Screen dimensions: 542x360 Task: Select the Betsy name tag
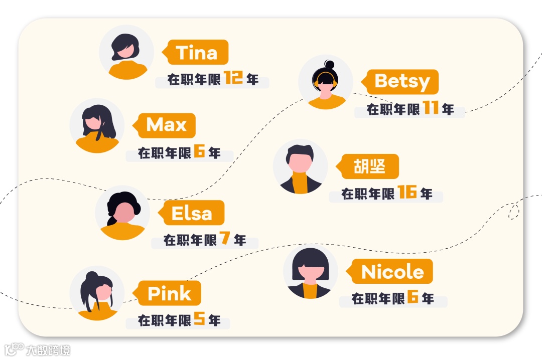pos(402,82)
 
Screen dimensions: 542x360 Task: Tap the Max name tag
pos(166,125)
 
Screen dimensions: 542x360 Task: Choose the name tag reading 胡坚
pos(369,166)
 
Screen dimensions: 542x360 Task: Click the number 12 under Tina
pos(234,78)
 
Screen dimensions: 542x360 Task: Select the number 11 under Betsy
pos(431,108)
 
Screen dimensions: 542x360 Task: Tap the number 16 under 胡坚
pos(408,193)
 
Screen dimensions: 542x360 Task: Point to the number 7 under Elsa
pos(224,239)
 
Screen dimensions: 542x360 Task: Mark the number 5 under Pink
pos(199,319)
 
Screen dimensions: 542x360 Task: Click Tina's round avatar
pos(126,52)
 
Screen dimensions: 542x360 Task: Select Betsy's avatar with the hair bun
pos(326,82)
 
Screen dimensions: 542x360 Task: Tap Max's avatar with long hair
pos(97,125)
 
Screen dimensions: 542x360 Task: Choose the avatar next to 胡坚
pos(300,166)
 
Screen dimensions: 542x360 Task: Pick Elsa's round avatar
pos(122,213)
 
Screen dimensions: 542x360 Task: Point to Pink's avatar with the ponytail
pos(97,293)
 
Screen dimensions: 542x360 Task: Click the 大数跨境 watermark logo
pos(37,349)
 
